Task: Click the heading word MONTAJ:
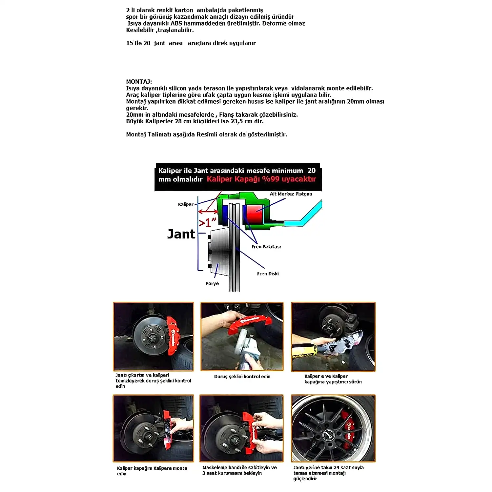pyautogui.click(x=139, y=82)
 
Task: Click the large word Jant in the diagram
pyautogui.click(x=181, y=234)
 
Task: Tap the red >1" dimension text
pyautogui.click(x=208, y=222)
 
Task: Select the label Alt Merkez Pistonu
pyautogui.click(x=291, y=194)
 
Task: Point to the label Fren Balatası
pyautogui.click(x=266, y=247)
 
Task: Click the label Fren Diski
pyautogui.click(x=268, y=274)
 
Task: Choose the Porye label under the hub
pyautogui.click(x=212, y=283)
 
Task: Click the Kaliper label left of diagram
pyautogui.click(x=186, y=204)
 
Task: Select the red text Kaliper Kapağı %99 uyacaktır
pyautogui.click(x=261, y=179)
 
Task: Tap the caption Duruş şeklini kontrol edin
pyautogui.click(x=242, y=377)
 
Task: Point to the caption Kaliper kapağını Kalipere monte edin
pyautogui.click(x=152, y=471)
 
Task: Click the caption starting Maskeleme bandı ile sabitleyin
pyautogui.click(x=239, y=470)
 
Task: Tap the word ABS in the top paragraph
pyautogui.click(x=176, y=23)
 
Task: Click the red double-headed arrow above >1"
pyautogui.click(x=208, y=212)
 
